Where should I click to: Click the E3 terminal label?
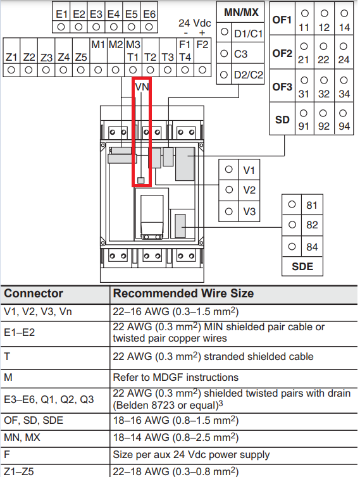[x=96, y=15]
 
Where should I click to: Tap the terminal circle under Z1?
[x=11, y=70]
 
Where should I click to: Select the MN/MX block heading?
[x=241, y=12]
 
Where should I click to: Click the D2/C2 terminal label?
[x=248, y=75]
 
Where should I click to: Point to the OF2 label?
[x=282, y=53]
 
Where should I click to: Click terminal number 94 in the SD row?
[x=344, y=126]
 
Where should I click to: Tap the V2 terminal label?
[x=249, y=190]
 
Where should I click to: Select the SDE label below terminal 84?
[x=302, y=266]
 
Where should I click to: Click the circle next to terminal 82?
[x=292, y=225]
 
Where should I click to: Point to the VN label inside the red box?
[x=142, y=87]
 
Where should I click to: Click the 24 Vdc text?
[x=195, y=23]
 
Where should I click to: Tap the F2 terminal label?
[x=202, y=45]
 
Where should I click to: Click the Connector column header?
[x=34, y=294]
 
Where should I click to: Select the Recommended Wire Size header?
[x=183, y=294]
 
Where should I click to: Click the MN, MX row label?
[x=22, y=437]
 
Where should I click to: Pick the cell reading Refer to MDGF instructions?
[x=176, y=378]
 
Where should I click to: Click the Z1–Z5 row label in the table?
[x=19, y=471]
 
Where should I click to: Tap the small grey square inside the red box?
[x=140, y=180]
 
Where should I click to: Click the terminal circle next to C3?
[x=224, y=54]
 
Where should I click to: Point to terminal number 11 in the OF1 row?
[x=304, y=28]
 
